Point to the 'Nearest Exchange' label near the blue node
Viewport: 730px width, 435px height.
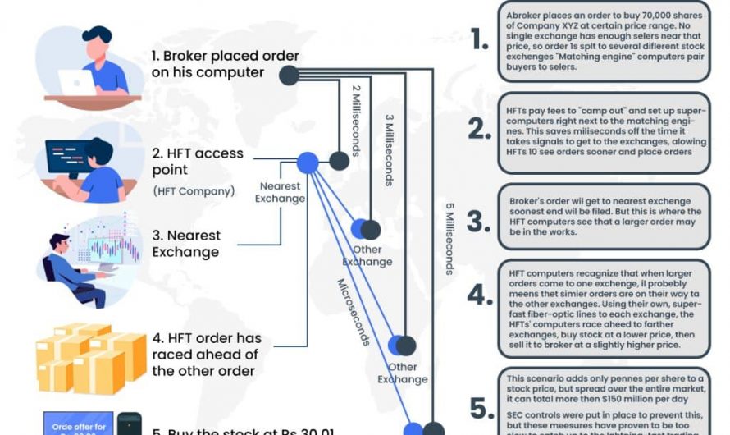pos(280,193)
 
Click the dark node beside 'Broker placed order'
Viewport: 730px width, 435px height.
pos(288,76)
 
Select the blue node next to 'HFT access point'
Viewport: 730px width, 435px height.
pos(307,163)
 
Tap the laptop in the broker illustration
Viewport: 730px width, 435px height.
pos(76,82)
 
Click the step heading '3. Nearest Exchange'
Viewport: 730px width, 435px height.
pos(186,244)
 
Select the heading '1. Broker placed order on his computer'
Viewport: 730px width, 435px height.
pos(225,65)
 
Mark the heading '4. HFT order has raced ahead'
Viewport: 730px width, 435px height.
pos(207,354)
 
